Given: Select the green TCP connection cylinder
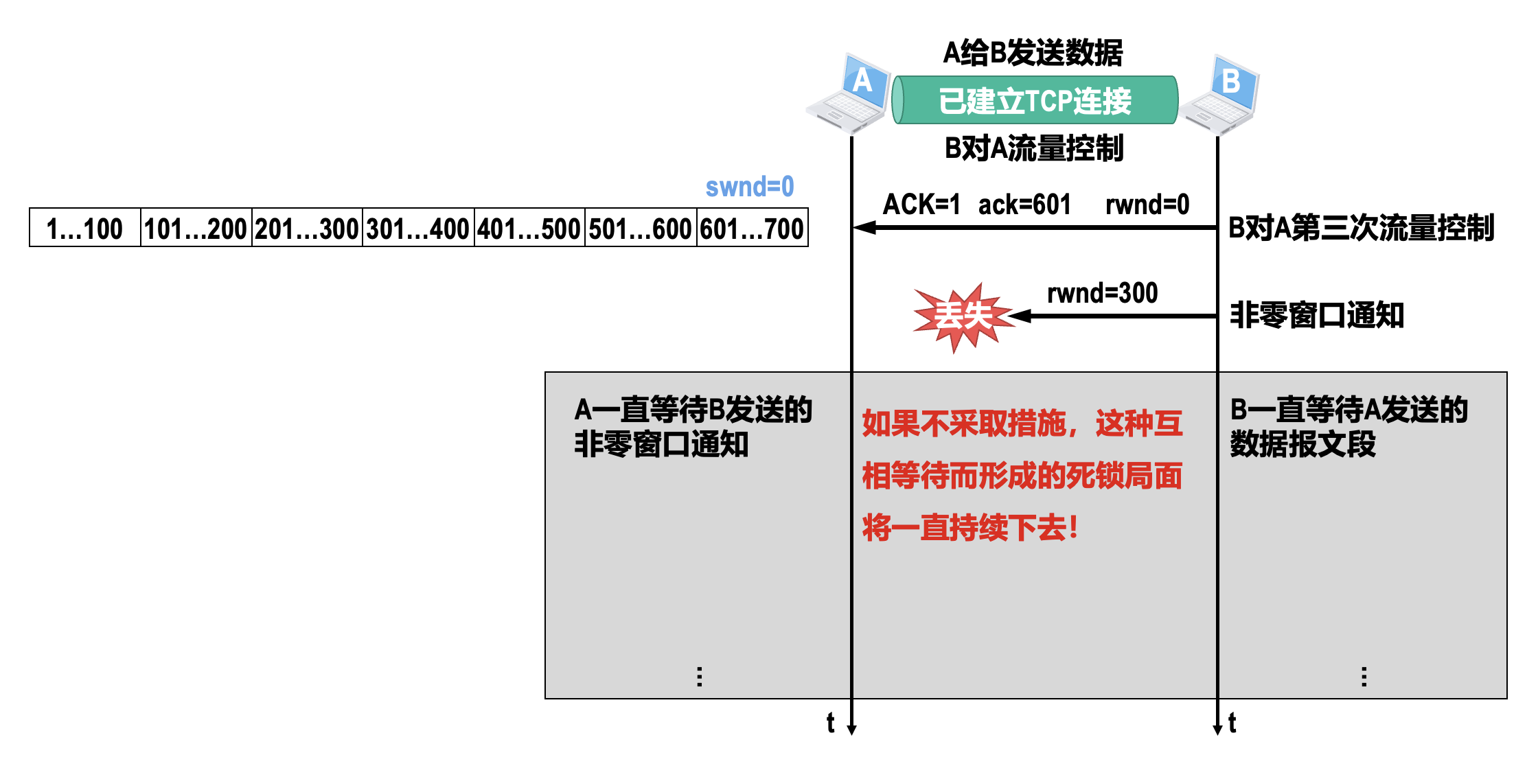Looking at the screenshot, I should point(1035,100).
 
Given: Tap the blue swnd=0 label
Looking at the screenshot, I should point(749,187).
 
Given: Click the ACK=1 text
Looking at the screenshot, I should point(921,205).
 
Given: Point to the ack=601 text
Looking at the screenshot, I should point(1024,205).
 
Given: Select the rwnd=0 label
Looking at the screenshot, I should point(1147,205).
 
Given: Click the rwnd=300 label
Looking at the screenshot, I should point(1102,294).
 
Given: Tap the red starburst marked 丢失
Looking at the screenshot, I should point(963,316).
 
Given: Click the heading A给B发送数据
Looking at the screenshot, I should point(1033,53).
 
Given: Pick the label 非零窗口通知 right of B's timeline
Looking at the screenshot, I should point(1317,316).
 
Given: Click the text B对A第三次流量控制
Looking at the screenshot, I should point(1361,229).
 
